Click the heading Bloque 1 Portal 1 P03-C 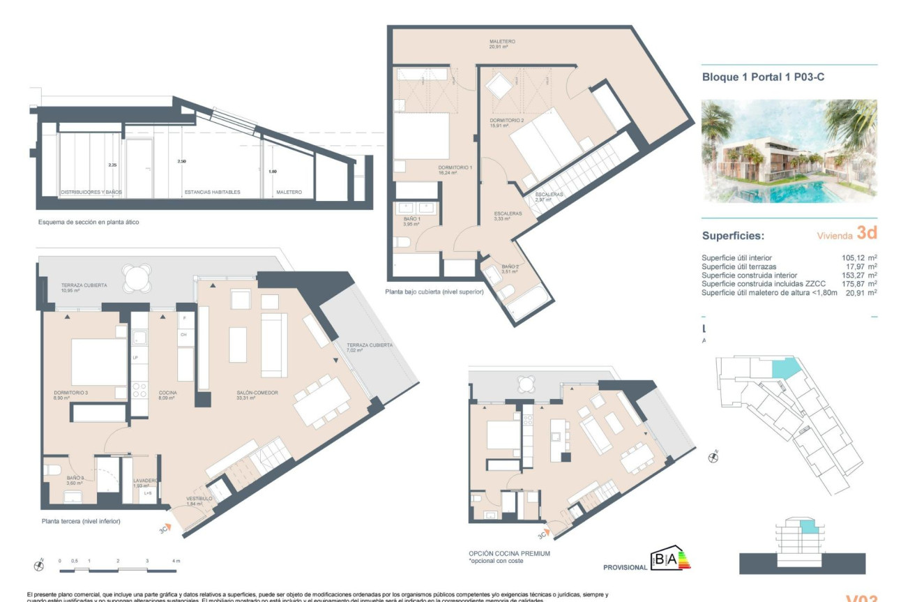point(763,77)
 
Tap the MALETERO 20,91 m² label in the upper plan point(497,44)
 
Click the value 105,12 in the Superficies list point(854,258)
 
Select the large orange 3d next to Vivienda point(866,234)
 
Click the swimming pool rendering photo point(789,151)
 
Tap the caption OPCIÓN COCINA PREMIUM point(509,553)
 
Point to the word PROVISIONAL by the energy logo point(625,567)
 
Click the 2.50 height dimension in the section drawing point(182,162)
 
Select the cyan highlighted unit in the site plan point(785,368)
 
